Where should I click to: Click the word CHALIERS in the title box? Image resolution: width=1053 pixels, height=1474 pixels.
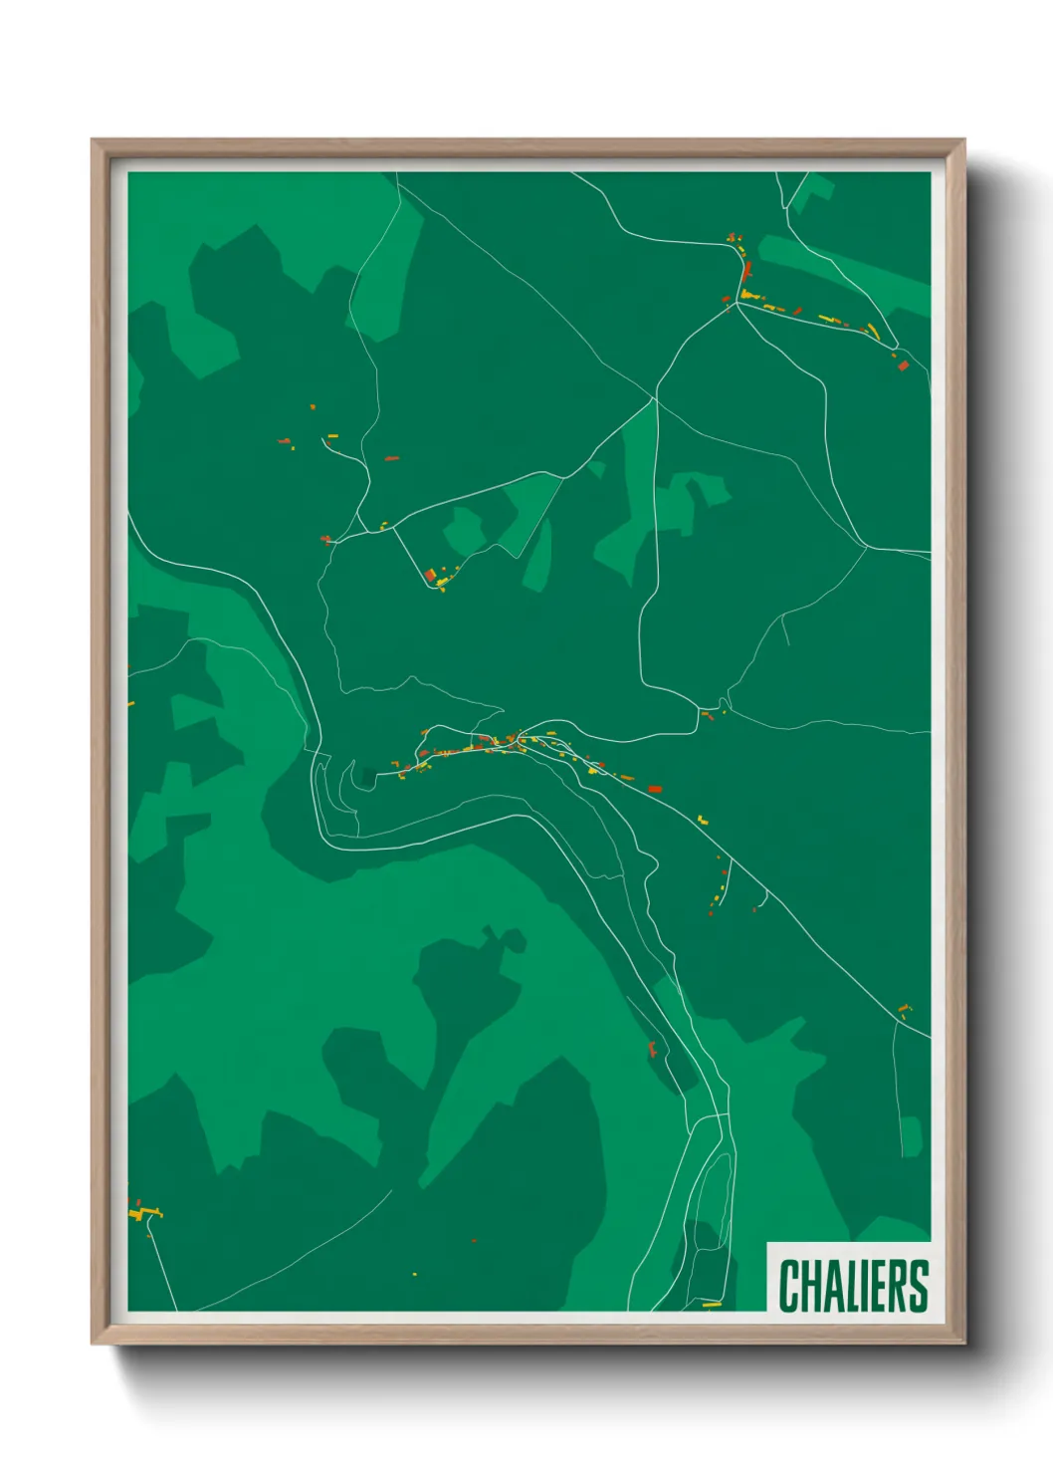(x=853, y=1286)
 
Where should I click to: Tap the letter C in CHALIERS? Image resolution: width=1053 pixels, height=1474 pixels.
(x=789, y=1286)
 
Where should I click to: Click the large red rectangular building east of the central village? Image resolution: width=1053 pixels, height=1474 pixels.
(x=655, y=789)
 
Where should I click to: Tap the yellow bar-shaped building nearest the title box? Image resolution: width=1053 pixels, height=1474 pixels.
(x=712, y=1304)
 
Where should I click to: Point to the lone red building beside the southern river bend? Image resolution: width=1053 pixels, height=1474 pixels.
(x=653, y=1049)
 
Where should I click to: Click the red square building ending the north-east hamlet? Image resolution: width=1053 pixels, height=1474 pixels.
(x=903, y=366)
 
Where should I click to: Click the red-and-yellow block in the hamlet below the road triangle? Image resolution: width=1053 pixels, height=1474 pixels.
(x=433, y=576)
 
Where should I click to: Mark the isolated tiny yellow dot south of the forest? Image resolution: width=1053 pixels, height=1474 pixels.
(x=415, y=1274)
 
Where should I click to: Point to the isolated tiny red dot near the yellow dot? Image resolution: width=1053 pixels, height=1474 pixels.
(x=474, y=1241)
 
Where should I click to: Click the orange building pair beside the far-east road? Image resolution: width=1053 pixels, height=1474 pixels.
(x=904, y=1010)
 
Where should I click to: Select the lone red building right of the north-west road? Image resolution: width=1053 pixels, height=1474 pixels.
(x=391, y=458)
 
